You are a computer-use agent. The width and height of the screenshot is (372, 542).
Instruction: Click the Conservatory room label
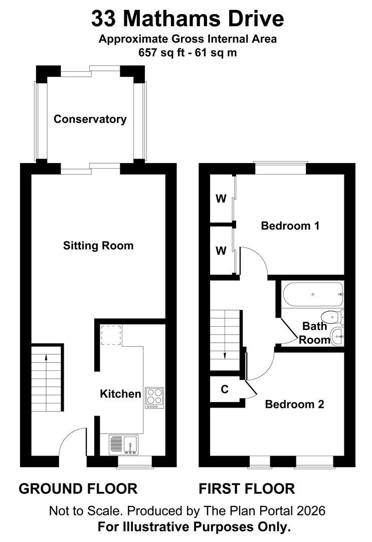click(90, 119)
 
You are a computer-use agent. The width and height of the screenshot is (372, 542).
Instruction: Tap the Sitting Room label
click(98, 246)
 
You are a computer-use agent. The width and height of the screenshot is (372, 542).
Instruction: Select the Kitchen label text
click(120, 394)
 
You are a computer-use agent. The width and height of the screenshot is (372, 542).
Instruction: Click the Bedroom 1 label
click(290, 226)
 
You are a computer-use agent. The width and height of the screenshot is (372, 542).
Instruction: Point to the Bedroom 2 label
click(295, 404)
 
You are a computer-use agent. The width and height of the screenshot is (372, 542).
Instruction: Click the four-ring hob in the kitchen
click(154, 398)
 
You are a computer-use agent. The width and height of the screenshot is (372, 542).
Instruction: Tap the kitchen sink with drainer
click(124, 445)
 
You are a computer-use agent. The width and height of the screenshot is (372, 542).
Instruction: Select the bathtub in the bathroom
click(313, 294)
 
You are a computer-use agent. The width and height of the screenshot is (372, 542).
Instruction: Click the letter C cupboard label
click(225, 389)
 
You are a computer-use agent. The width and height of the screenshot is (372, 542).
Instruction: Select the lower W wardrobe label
click(221, 250)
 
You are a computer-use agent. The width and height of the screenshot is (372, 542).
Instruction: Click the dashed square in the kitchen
click(111, 335)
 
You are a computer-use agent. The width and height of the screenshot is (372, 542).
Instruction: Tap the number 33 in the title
click(103, 19)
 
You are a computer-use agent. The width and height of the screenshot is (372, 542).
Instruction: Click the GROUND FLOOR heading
click(78, 489)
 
